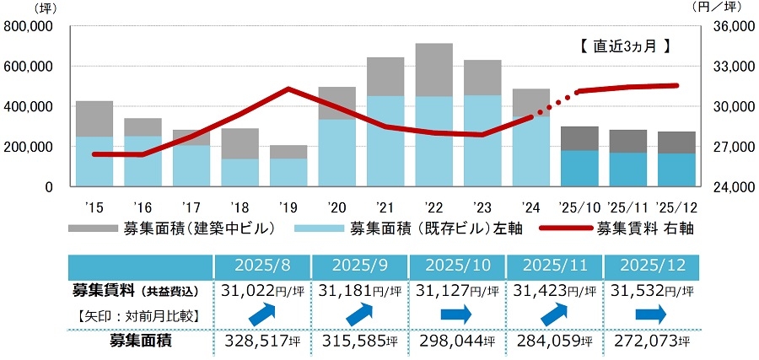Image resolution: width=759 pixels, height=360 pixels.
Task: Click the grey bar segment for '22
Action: tap(434, 70)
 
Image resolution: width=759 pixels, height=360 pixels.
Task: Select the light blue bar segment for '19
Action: tap(288, 172)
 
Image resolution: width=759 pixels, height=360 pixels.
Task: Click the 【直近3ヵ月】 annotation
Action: tap(625, 47)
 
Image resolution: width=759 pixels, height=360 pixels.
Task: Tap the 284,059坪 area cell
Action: tap(553, 341)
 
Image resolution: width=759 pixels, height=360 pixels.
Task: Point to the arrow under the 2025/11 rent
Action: tap(553, 314)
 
